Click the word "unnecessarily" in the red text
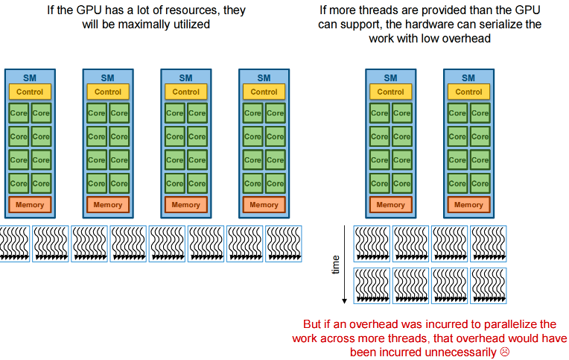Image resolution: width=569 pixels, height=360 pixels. (x=461, y=351)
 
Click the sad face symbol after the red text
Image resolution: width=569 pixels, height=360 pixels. (x=505, y=351)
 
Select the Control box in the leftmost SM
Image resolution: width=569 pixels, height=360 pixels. (x=30, y=92)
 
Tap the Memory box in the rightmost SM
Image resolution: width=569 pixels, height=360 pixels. (x=468, y=205)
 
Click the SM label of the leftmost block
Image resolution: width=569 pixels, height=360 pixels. (x=30, y=78)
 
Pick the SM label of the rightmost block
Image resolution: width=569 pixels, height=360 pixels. (x=468, y=78)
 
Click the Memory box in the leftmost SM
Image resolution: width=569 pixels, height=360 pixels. (x=30, y=205)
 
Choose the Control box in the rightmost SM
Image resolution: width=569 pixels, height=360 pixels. (x=468, y=92)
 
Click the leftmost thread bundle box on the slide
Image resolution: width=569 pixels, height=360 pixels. (x=13, y=243)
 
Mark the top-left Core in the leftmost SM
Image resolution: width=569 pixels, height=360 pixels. (x=19, y=113)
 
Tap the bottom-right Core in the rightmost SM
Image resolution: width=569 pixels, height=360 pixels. (x=480, y=183)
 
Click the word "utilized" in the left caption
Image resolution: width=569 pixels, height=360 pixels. (x=190, y=25)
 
